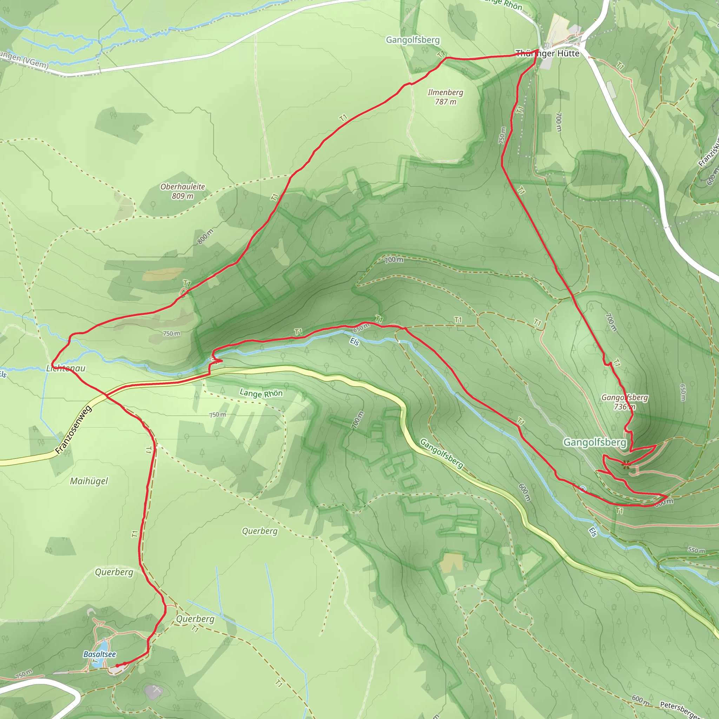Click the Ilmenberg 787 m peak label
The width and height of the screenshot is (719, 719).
(x=445, y=97)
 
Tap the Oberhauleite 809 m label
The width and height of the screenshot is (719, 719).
(x=182, y=191)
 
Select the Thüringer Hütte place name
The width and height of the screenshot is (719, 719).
(x=547, y=54)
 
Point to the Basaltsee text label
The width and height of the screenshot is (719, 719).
(x=99, y=654)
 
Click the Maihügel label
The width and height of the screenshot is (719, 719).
(x=89, y=481)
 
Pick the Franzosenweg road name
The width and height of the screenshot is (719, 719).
(x=73, y=430)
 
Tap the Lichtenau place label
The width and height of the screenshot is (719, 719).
(x=66, y=368)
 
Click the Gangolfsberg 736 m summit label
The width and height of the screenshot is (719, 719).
(x=625, y=402)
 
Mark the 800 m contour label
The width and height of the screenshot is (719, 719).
(x=205, y=237)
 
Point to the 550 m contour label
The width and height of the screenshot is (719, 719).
(x=696, y=550)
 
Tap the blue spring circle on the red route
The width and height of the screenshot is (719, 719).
(x=583, y=489)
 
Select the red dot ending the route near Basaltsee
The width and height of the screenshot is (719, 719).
(x=117, y=665)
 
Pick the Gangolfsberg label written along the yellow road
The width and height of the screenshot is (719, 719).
(x=442, y=453)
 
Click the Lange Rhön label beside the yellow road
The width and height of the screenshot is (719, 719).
(x=261, y=393)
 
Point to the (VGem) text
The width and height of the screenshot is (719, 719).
(x=37, y=63)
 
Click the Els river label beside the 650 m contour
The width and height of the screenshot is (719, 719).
(x=355, y=342)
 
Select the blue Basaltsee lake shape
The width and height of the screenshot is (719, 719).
(x=103, y=645)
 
